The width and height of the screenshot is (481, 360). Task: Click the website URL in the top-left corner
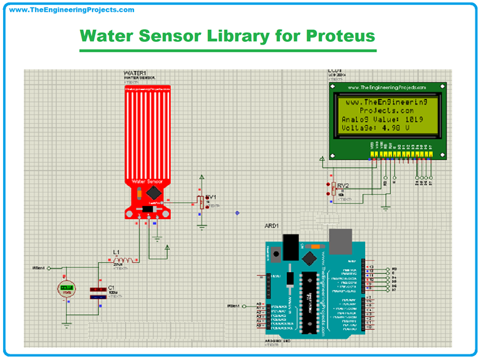tap(72, 10)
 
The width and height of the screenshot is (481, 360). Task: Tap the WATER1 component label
tap(134, 73)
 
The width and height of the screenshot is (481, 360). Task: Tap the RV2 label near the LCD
tap(343, 186)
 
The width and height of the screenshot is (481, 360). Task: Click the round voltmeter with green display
tap(66, 290)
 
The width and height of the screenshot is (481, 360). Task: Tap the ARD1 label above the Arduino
tap(272, 226)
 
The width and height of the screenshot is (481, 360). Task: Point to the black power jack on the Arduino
tap(291, 245)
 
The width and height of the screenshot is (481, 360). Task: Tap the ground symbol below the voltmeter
tap(66, 324)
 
